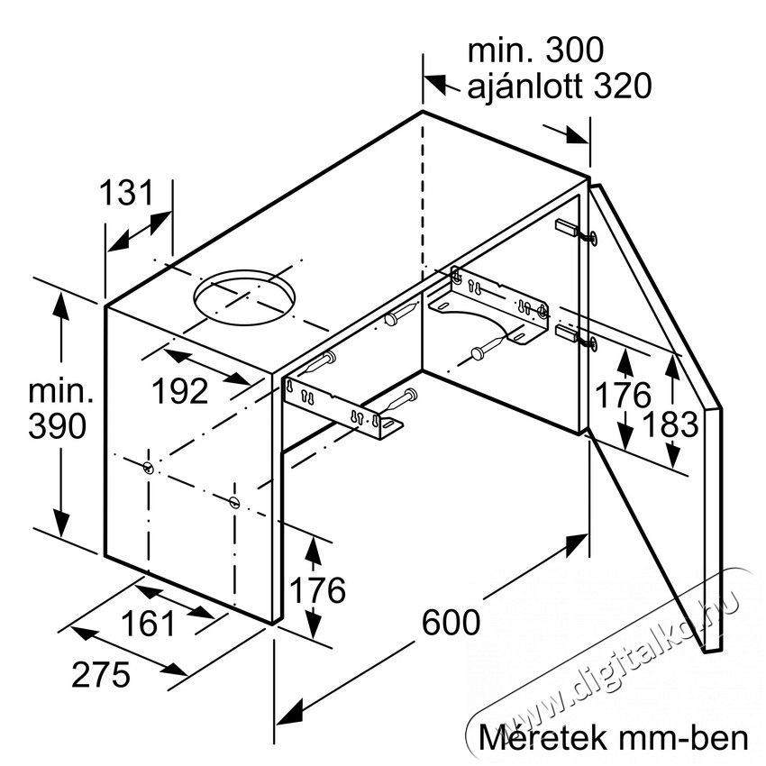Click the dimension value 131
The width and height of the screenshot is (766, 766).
point(126,193)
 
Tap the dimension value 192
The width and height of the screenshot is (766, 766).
point(180,391)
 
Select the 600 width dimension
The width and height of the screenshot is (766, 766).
point(451,623)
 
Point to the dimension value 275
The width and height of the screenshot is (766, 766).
point(101,675)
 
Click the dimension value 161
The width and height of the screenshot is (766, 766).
point(148,624)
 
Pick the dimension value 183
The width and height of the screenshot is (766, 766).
point(670,424)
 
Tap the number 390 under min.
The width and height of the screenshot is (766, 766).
point(58,425)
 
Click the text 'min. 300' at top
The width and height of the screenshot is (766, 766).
point(535,50)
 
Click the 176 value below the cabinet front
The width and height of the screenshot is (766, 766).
point(317,590)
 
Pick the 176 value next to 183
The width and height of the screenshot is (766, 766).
point(623,395)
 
